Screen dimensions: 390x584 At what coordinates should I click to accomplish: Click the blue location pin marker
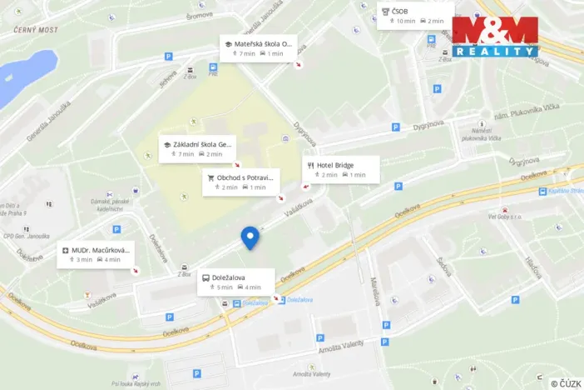tap(250, 237)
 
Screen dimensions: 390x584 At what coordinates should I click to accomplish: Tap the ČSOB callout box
tap(415, 15)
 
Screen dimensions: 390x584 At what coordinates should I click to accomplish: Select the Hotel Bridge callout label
tap(341, 169)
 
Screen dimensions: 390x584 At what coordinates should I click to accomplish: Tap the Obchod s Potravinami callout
tap(240, 182)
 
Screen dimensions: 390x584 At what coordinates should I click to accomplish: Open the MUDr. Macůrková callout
tap(96, 254)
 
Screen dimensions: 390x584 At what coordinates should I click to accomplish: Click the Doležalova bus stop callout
tap(234, 282)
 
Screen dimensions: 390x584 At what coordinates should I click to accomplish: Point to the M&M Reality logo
tap(496, 37)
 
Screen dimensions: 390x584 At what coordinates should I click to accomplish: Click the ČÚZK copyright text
tap(565, 382)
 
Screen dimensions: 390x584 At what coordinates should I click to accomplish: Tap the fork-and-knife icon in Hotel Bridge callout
tap(309, 165)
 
